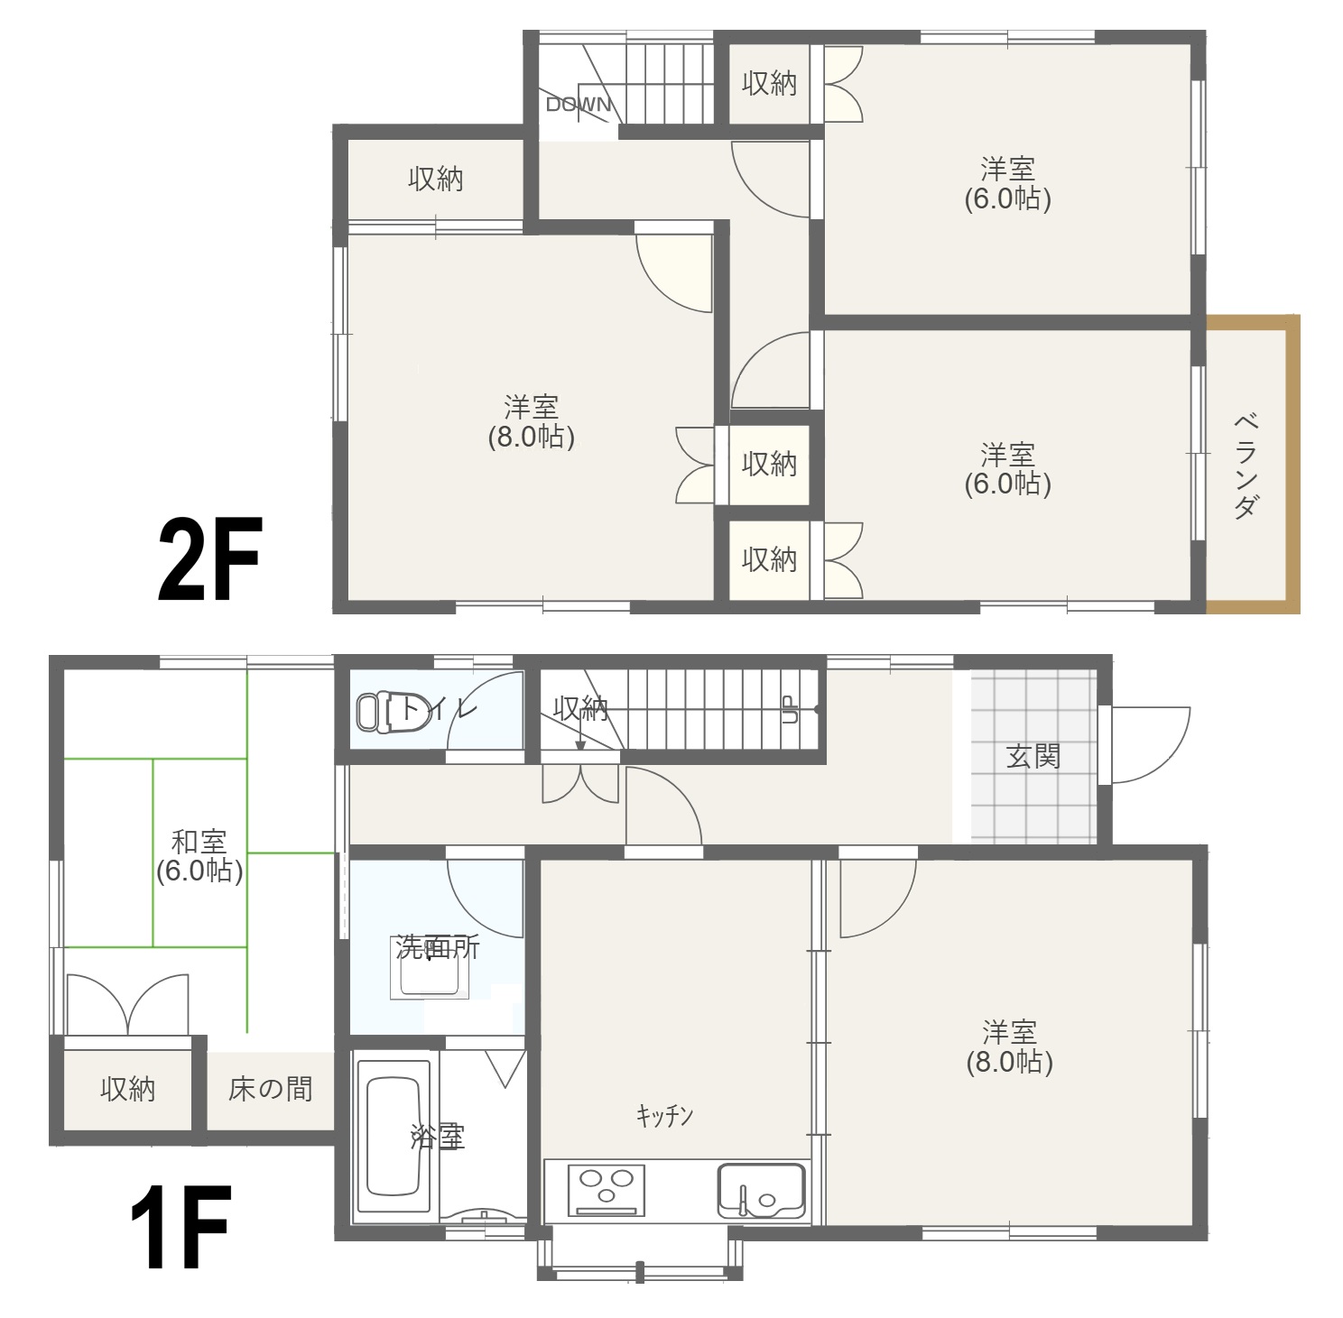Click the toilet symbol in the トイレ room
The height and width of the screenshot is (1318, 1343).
tap(375, 711)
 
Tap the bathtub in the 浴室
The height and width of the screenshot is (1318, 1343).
tap(393, 1136)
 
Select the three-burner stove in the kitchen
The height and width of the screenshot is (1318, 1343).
tap(606, 1189)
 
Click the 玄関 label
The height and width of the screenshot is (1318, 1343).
tap(1033, 756)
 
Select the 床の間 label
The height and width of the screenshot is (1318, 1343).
tap(270, 1089)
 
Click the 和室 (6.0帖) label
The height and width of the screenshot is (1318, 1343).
tap(199, 856)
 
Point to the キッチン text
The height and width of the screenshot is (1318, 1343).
tap(664, 1117)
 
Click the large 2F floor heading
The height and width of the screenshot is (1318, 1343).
tap(208, 560)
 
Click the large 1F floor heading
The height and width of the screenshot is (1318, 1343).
tap(180, 1227)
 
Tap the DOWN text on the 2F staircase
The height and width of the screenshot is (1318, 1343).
tap(579, 104)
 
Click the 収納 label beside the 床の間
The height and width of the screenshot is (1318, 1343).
tap(127, 1089)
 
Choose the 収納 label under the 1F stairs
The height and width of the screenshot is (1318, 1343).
tap(580, 709)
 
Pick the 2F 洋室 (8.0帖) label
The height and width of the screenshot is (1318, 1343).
tap(531, 421)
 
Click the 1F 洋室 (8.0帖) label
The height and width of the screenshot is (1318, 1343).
tap(1009, 1046)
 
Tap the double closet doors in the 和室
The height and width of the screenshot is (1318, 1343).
tap(128, 1004)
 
